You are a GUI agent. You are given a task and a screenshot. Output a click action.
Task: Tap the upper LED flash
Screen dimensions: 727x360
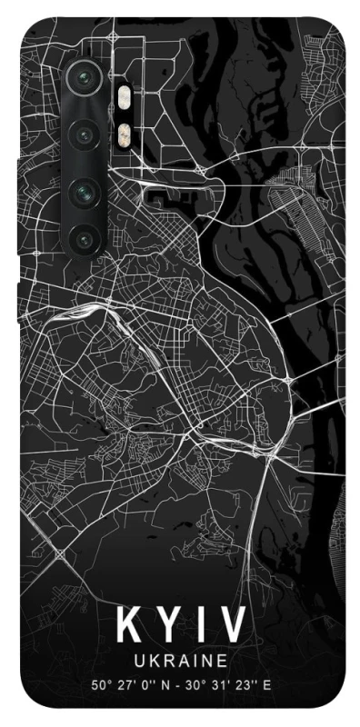click(x=123, y=94)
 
